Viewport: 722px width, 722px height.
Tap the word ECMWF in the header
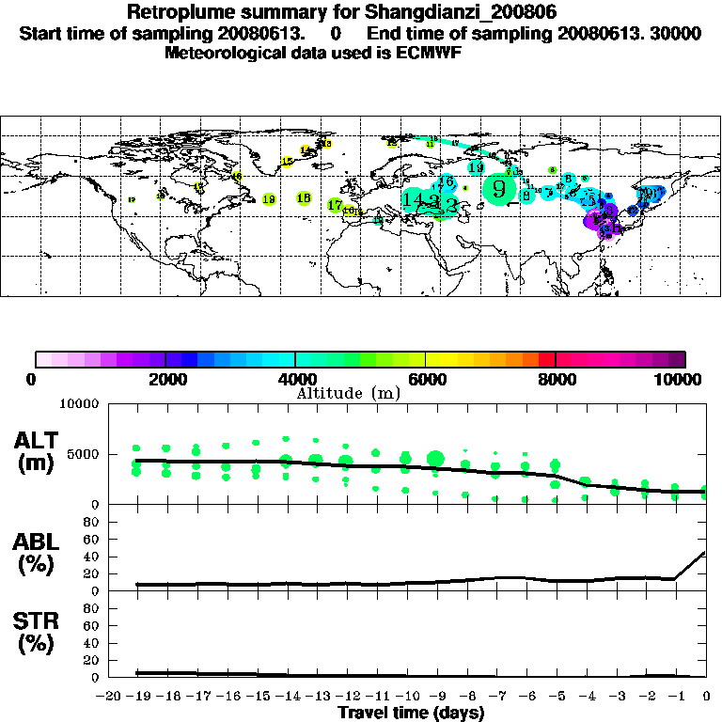(432, 53)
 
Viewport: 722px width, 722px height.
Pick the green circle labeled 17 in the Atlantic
(335, 205)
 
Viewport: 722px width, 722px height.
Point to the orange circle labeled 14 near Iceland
(305, 150)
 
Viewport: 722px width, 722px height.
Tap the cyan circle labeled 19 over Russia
(476, 168)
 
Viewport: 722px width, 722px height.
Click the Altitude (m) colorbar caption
(349, 393)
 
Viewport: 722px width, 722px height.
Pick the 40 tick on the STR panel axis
(92, 643)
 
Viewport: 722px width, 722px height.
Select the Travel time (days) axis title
(411, 713)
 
